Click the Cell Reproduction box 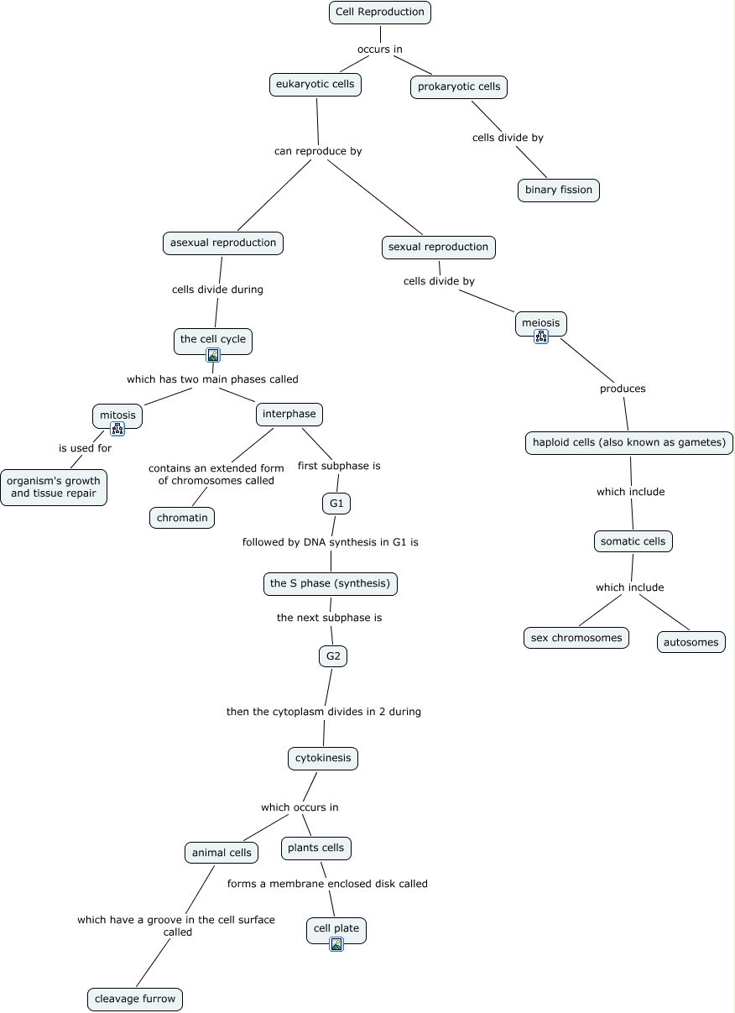pos(380,12)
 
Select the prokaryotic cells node pos(459,86)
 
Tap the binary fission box pos(558,190)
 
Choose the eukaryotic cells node pos(315,84)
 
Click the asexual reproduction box pos(222,243)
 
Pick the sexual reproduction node pos(438,247)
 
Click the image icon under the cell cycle pos(213,355)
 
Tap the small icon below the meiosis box pos(541,337)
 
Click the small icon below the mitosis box pos(117,428)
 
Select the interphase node pos(289,414)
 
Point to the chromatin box pos(182,518)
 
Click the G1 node pos(336,504)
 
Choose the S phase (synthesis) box pos(330,583)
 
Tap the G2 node pos(333,655)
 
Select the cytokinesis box pos(323,758)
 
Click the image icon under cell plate pos(336,944)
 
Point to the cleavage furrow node pos(134,999)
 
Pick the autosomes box pos(691,642)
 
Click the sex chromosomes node pos(576,638)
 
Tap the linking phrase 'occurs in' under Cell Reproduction pos(380,49)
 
